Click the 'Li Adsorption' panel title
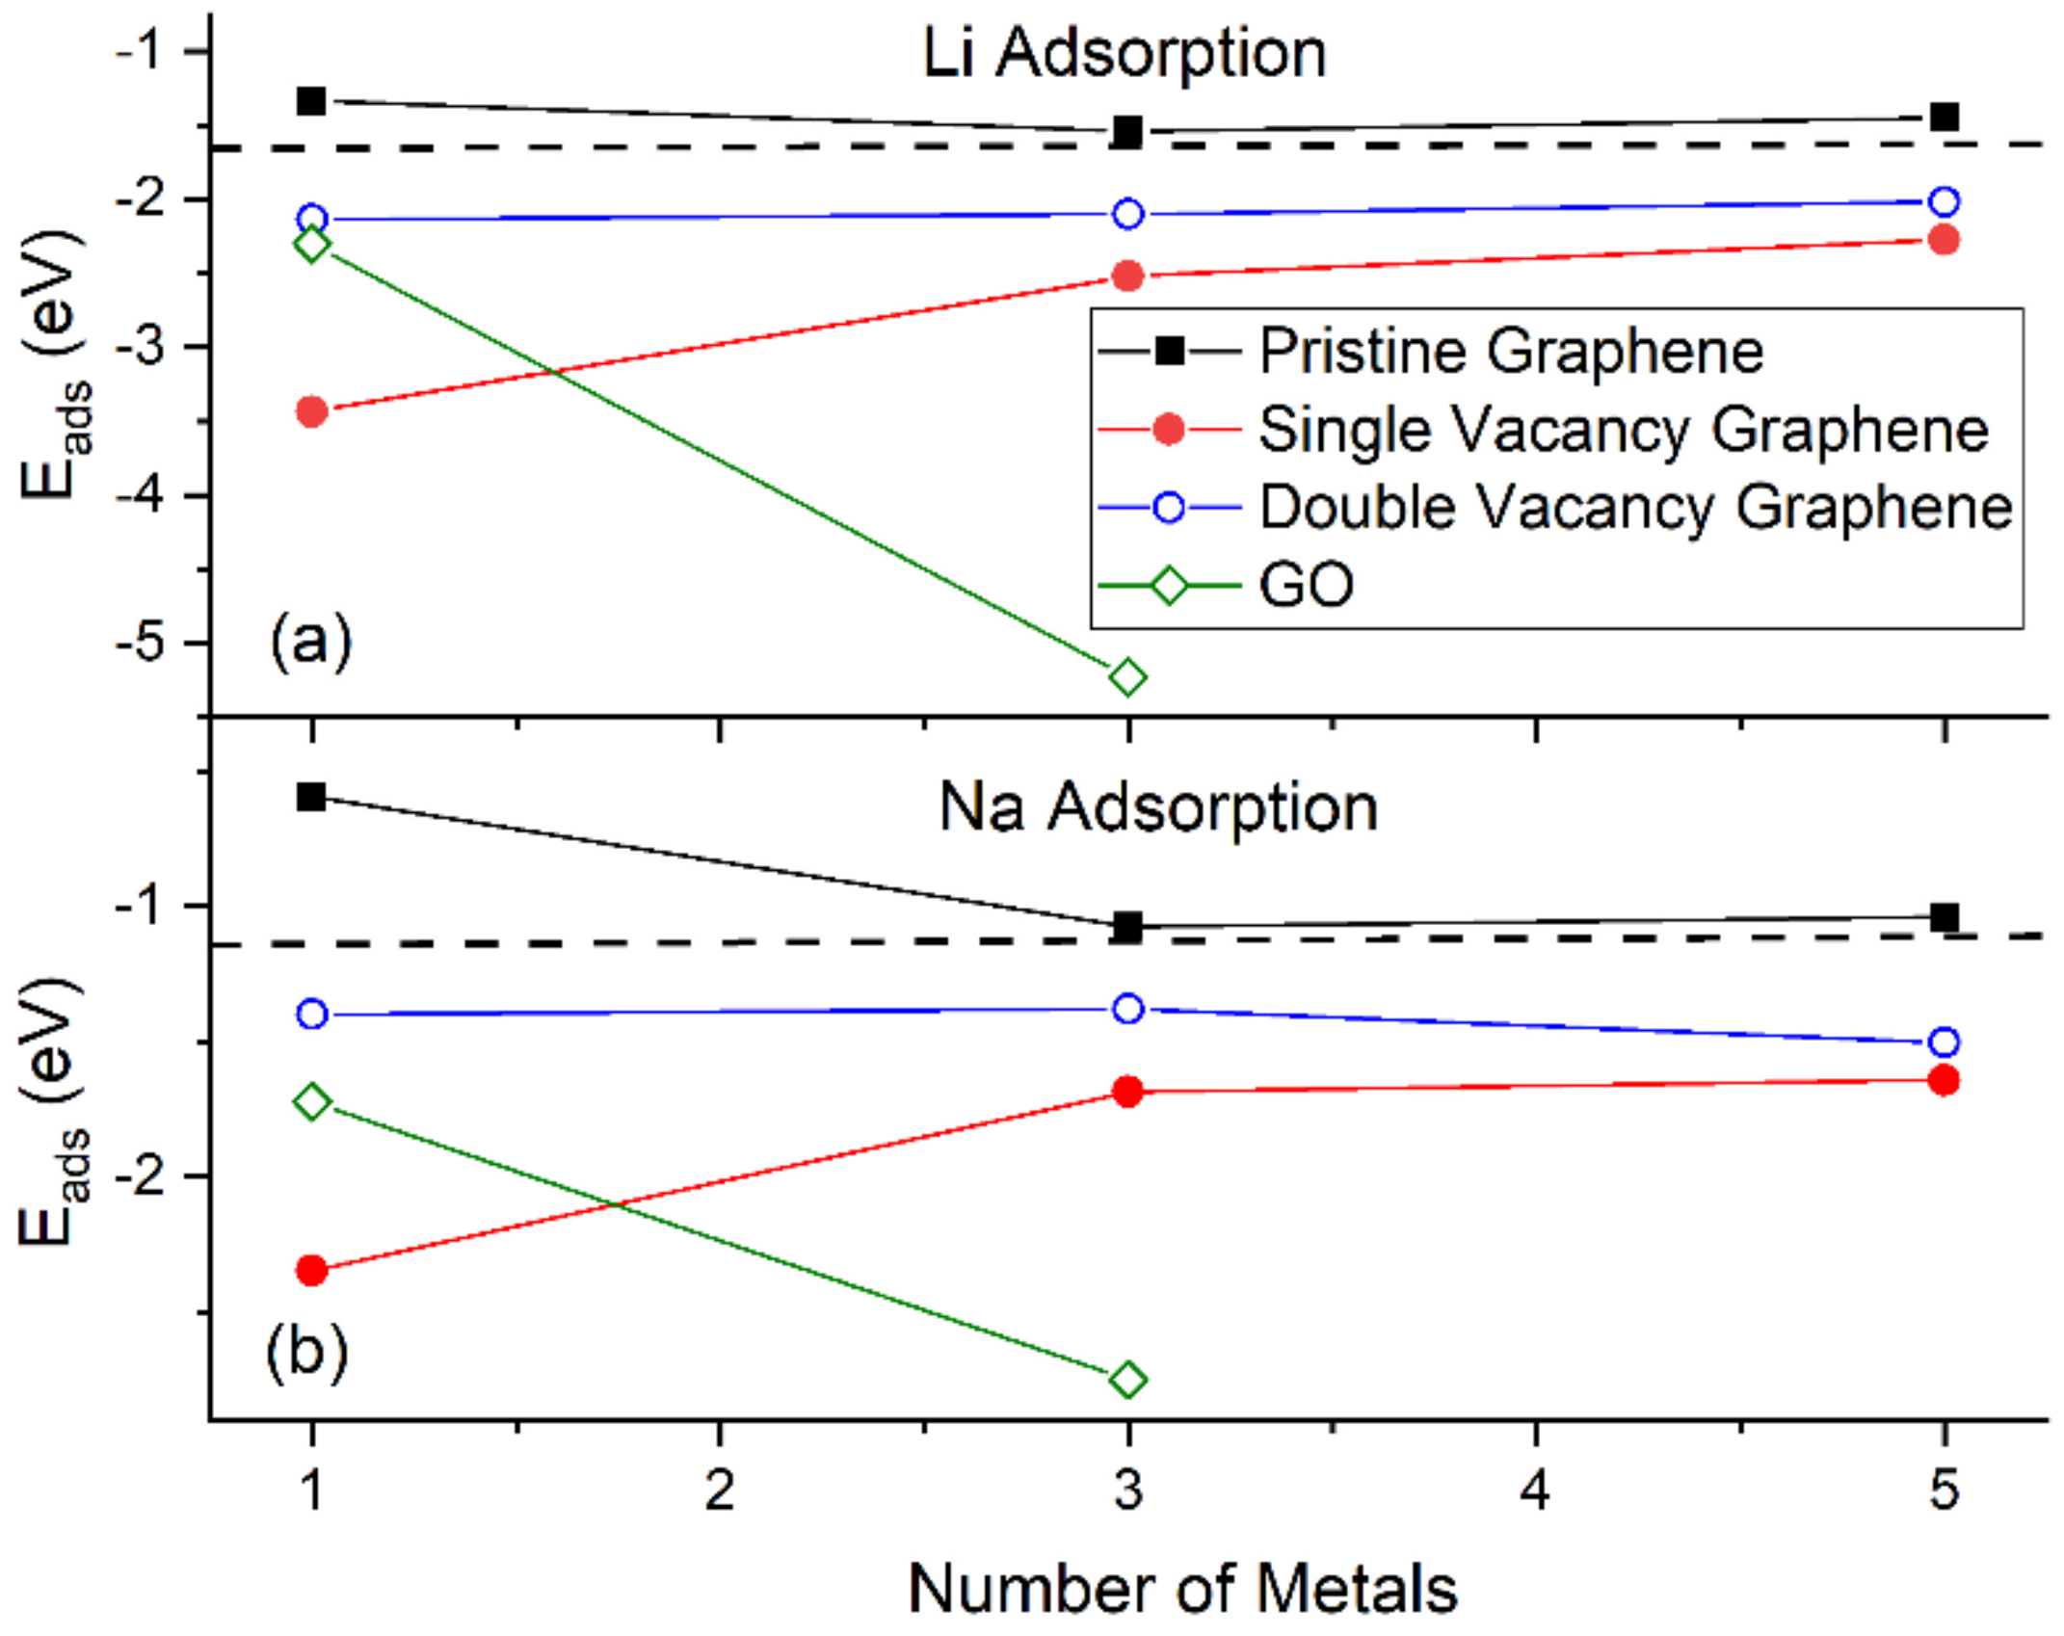[1124, 53]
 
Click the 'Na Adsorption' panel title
[1157, 807]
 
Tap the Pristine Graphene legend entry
[1510, 352]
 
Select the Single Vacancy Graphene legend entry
[1623, 430]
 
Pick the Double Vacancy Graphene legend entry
[1635, 507]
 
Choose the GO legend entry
[1306, 585]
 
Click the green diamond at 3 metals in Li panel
[1128, 677]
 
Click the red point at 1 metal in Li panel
[311, 412]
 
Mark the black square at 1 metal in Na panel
[311, 797]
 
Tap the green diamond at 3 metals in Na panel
[1128, 1380]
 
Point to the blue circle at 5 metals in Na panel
[1945, 1042]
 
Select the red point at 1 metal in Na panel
[311, 1271]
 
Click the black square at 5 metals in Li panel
[1945, 118]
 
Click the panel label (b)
[306, 1353]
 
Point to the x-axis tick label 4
[1536, 1490]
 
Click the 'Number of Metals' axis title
[1182, 1589]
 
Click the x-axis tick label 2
[720, 1490]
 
